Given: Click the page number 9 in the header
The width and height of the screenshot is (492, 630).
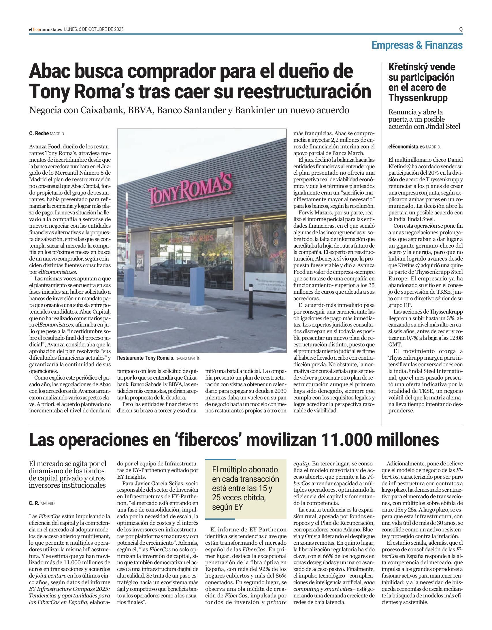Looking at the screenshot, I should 461,29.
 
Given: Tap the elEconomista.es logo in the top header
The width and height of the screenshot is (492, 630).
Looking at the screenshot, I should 45,29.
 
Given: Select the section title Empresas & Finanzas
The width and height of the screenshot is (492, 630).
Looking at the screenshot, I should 417,45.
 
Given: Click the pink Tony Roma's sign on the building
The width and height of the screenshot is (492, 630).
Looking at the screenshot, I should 190,190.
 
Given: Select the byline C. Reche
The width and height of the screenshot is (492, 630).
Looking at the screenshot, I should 39,133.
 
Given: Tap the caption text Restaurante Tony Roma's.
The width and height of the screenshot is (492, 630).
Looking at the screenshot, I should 146,358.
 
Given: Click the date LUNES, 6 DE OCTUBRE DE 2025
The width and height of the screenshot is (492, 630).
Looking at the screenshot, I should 94,29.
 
